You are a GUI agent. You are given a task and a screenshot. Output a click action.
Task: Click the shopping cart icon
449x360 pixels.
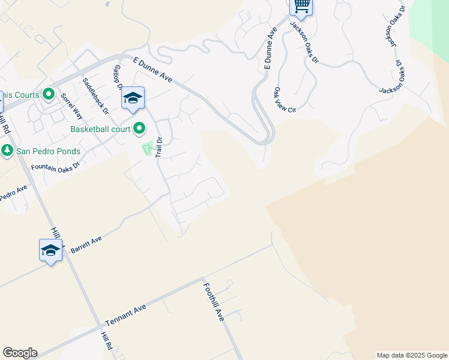pyautogui.click(x=301, y=6)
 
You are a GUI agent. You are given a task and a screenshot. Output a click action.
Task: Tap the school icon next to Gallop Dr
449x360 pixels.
pyautogui.click(x=133, y=99)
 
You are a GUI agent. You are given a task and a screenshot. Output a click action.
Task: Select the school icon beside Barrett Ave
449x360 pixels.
pyautogui.click(x=50, y=250)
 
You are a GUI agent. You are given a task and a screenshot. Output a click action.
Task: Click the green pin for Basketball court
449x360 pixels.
pyautogui.click(x=139, y=128)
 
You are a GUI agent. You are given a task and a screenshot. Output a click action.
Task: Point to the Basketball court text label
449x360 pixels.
pyautogui.click(x=100, y=129)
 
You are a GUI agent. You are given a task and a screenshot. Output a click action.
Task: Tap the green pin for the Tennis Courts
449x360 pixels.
pyautogui.click(x=49, y=95)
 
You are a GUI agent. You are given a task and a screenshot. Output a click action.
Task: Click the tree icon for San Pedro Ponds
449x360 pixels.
pyautogui.click(x=8, y=151)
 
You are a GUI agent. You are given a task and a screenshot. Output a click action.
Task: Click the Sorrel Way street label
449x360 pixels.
pyautogui.click(x=71, y=104)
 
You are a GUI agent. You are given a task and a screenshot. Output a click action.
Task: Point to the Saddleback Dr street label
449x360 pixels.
pyautogui.click(x=95, y=96)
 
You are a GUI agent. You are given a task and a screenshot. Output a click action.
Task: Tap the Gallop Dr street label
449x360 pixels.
pyautogui.click(x=117, y=77)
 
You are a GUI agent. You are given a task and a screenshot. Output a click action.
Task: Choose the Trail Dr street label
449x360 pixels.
pyautogui.click(x=159, y=147)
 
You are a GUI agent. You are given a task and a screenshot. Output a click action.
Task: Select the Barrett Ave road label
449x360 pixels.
pyautogui.click(x=86, y=243)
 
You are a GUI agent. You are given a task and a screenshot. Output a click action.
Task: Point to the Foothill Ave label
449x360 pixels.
pyautogui.click(x=213, y=301)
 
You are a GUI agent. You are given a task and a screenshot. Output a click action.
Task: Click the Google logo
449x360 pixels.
pyautogui.click(x=20, y=353)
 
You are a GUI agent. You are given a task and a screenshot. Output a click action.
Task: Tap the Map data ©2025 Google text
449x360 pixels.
pyautogui.click(x=411, y=355)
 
